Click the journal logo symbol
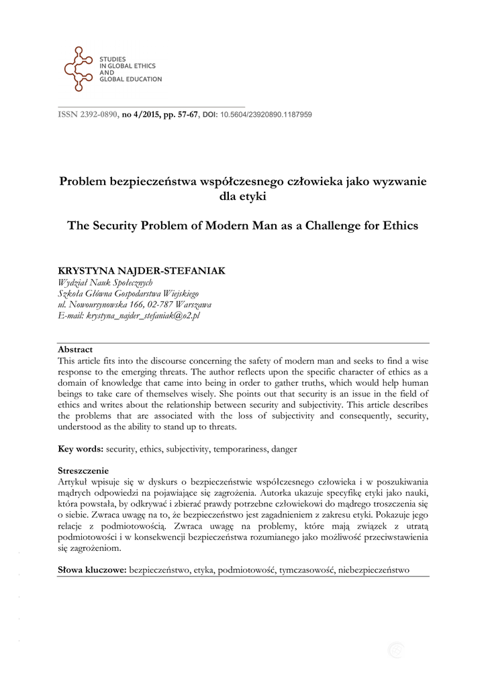pos(79,70)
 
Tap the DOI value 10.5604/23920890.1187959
pos(266,115)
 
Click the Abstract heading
pos(75,350)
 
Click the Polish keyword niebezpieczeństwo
pos(374,570)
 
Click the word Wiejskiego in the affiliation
pos(177,293)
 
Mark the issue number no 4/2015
pos(140,115)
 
